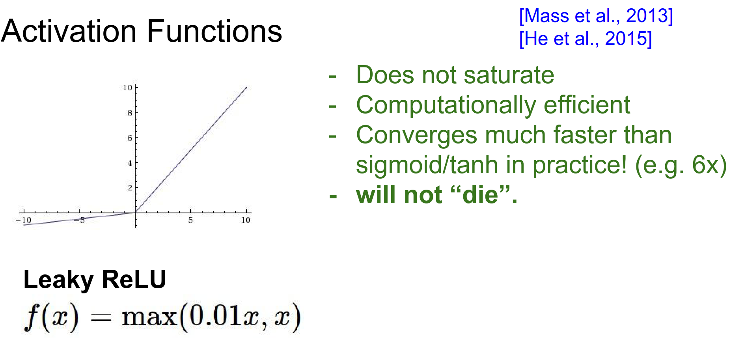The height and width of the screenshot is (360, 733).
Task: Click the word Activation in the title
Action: click(x=69, y=31)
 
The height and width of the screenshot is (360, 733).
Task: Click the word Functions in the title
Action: click(x=214, y=31)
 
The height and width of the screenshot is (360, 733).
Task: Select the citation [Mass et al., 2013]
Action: click(x=596, y=16)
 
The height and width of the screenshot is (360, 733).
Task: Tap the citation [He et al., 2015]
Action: click(x=586, y=39)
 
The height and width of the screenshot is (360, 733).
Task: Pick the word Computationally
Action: click(x=446, y=106)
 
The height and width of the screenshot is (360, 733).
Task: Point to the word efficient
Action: click(x=587, y=105)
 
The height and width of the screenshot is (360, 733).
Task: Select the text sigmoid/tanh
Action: click(x=427, y=165)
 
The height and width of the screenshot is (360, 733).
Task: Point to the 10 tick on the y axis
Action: click(x=127, y=88)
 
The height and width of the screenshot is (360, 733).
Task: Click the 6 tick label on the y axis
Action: click(x=130, y=138)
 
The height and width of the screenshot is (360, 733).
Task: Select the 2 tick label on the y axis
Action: click(x=130, y=188)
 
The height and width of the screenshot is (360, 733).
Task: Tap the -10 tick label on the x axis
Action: click(x=23, y=220)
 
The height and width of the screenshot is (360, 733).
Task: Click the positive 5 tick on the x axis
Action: click(x=190, y=220)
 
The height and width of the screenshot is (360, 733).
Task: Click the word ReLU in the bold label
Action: click(x=134, y=280)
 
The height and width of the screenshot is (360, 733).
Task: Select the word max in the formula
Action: click(x=149, y=317)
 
